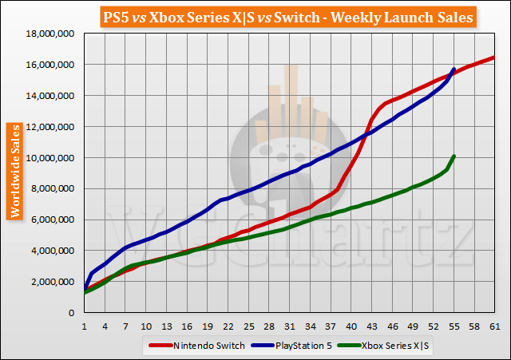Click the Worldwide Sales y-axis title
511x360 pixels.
(14, 171)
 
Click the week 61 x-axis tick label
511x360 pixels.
(494, 326)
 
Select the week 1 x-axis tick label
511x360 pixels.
(84, 326)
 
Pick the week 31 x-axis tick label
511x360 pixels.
(289, 326)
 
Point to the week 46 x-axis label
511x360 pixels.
(391, 326)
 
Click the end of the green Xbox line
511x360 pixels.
(454, 156)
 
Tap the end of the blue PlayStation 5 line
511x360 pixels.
(454, 69)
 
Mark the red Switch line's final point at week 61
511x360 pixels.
(494, 57)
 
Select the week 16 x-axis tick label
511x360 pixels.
(187, 326)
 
